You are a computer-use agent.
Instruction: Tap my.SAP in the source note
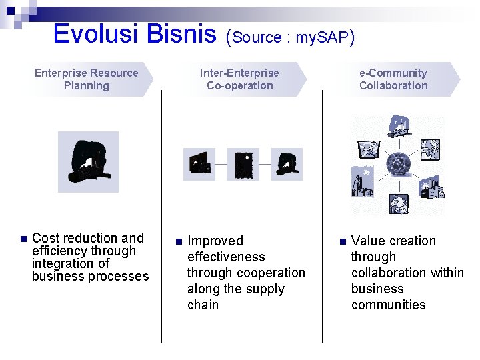[x=323, y=37]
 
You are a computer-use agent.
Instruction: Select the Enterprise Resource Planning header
[x=87, y=79]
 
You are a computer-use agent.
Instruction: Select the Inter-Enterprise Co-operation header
[x=239, y=79]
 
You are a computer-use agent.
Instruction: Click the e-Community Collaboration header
[x=393, y=79]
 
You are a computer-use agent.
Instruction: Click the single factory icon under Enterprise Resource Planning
[x=88, y=162]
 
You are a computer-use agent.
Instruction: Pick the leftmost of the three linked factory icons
[x=199, y=164]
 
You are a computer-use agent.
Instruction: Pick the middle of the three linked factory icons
[x=243, y=164]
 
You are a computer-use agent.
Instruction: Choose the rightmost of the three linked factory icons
[x=286, y=164]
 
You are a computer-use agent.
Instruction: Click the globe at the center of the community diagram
[x=398, y=163]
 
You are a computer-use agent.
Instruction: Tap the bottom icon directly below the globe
[x=399, y=201]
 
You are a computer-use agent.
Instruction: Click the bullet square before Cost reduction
[x=22, y=239]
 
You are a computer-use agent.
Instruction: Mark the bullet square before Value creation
[x=341, y=241]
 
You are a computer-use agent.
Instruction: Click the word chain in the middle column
[x=203, y=305]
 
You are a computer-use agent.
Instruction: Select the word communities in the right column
[x=388, y=305]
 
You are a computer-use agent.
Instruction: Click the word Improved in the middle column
[x=215, y=241]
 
